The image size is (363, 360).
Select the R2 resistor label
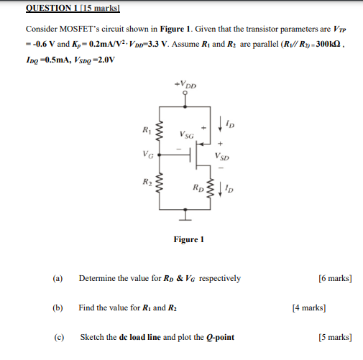(147, 183)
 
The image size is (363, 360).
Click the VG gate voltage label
(147, 153)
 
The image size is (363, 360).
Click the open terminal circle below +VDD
(185, 93)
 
